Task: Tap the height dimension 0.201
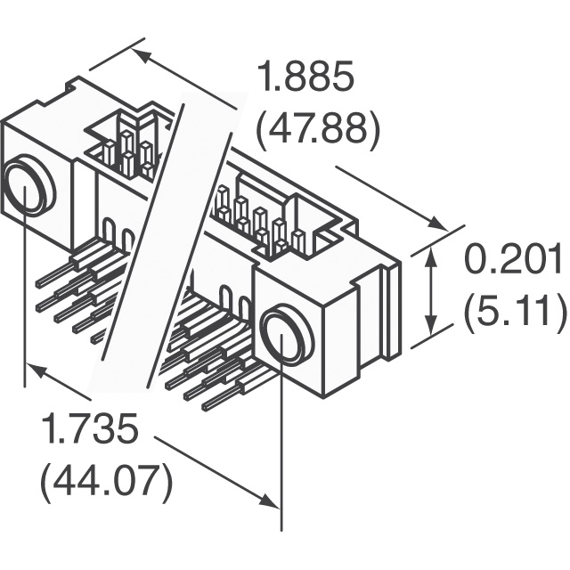point(515,261)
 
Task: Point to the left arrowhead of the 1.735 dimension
point(34,369)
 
